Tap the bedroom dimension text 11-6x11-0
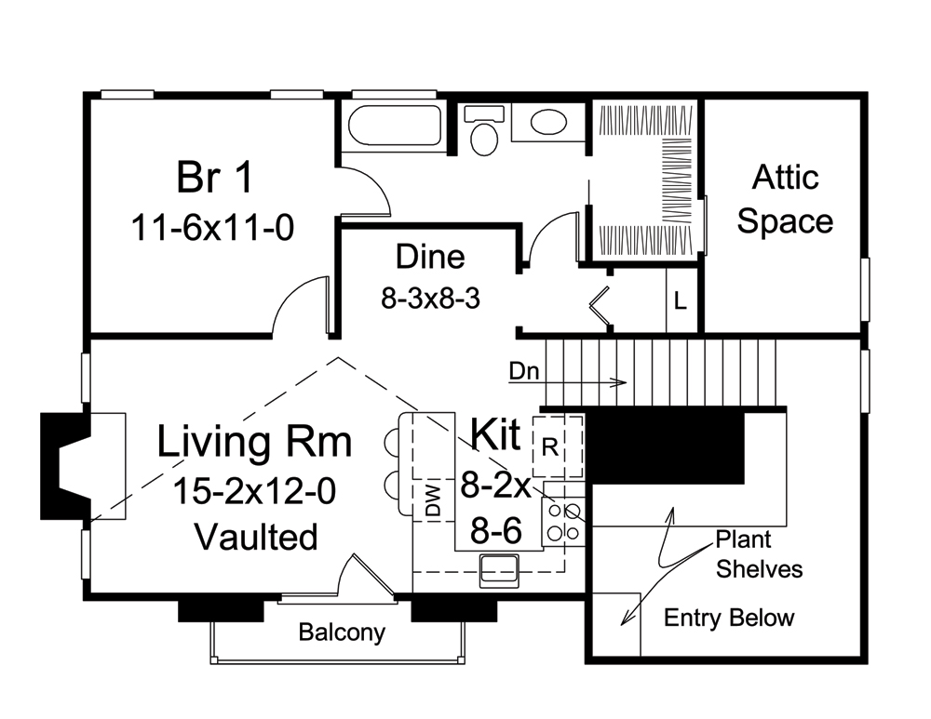tap(213, 227)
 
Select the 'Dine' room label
tap(429, 256)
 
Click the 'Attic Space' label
tap(784, 199)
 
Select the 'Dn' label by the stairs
tap(522, 370)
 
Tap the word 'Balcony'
tap(342, 632)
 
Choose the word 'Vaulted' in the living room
tap(256, 537)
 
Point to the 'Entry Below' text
tap(729, 618)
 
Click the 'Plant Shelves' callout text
tap(759, 554)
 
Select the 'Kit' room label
tap(496, 434)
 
